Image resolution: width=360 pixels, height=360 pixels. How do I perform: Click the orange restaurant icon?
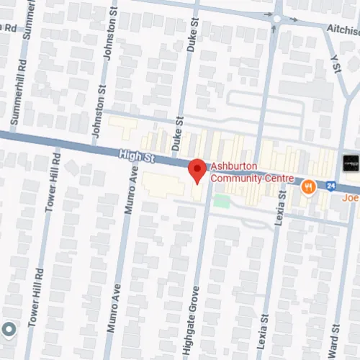click(x=309, y=187)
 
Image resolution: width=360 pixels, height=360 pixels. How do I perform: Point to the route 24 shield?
click(x=330, y=186)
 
